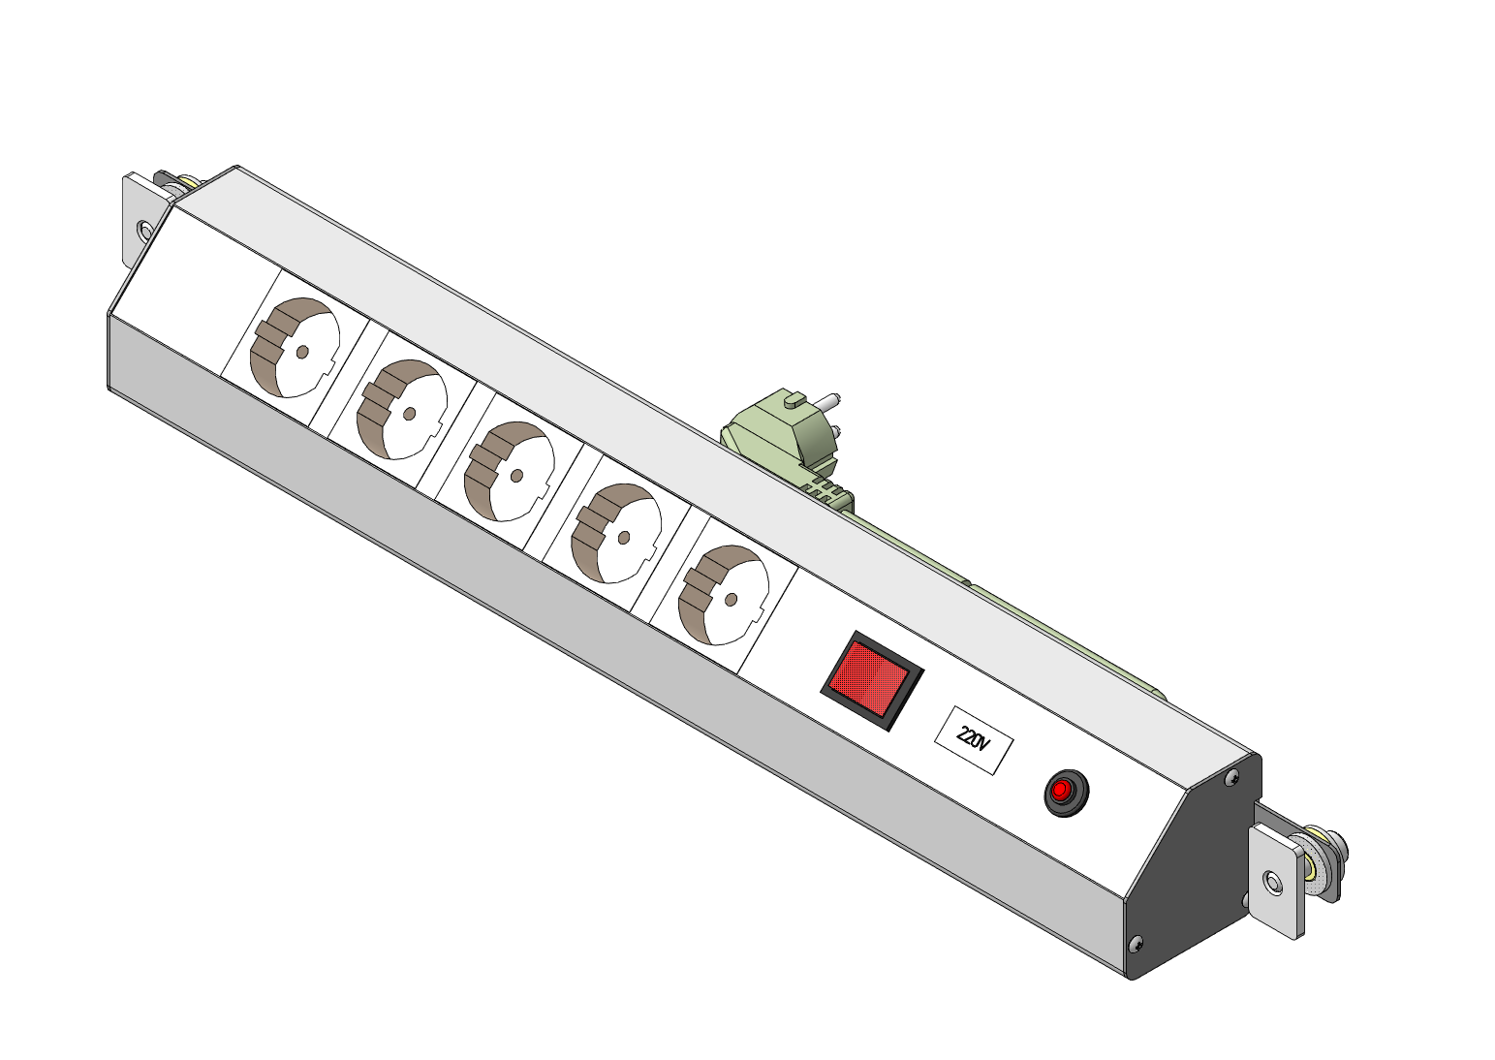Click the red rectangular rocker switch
click(x=872, y=680)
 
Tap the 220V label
click(x=974, y=740)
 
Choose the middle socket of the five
click(x=510, y=472)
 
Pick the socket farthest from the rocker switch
click(x=295, y=348)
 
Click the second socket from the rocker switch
click(x=616, y=533)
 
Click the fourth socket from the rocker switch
click(x=402, y=410)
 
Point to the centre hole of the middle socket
click(x=516, y=476)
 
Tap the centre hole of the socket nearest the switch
click(x=731, y=600)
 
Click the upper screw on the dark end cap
click(x=1233, y=776)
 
